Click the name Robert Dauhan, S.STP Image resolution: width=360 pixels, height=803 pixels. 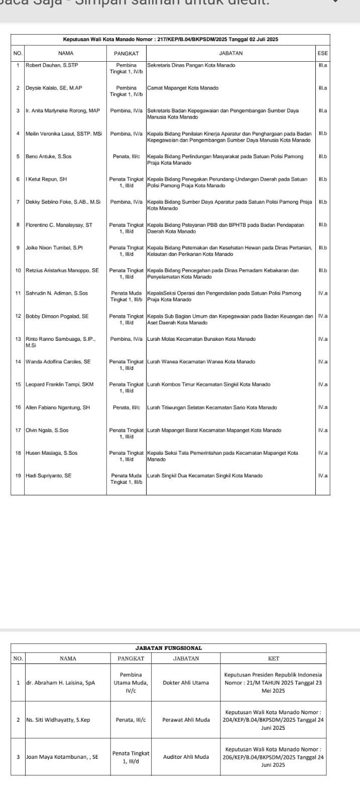coord(52,65)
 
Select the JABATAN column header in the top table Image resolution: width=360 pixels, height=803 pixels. coord(231,53)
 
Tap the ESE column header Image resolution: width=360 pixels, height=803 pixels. coord(322,53)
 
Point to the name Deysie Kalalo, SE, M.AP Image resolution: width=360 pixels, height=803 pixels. coord(54,88)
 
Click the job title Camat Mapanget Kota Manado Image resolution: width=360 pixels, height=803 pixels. coord(183,88)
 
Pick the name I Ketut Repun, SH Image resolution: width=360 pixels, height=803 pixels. coord(46,179)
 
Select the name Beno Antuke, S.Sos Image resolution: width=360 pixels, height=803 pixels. coord(48,157)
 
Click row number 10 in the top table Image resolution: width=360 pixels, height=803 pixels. coord(18,271)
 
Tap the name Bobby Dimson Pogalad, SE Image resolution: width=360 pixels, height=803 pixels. coord(57,316)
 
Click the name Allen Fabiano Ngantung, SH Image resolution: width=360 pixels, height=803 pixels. coord(58,408)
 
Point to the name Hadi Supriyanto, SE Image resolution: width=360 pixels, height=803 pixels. coord(48,476)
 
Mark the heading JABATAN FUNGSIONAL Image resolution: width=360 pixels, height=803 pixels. coord(169,648)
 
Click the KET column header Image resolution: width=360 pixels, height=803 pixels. coord(274,658)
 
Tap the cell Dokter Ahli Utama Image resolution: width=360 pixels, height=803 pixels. coord(186,683)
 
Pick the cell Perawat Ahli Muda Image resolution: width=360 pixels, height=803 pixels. coord(186,720)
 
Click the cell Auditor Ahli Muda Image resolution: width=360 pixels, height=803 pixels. coord(186,757)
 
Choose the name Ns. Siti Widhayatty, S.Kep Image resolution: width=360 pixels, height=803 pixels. coord(58,720)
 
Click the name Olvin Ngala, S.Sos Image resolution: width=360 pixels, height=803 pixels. coord(47,430)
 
